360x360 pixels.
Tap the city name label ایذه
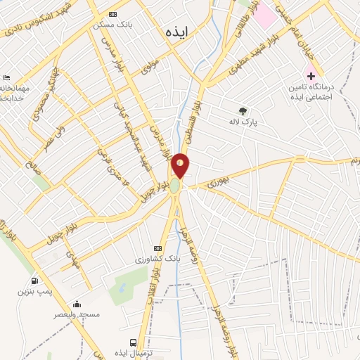(x=172, y=31)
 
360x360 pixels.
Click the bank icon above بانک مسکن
(x=114, y=13)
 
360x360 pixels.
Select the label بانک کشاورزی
(x=158, y=259)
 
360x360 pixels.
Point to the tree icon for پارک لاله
(x=243, y=110)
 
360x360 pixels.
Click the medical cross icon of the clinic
(x=311, y=75)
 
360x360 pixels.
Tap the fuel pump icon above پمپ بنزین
(x=35, y=281)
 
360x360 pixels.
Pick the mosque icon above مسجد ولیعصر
(x=76, y=304)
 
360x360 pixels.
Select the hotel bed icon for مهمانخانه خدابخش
(x=7, y=78)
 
